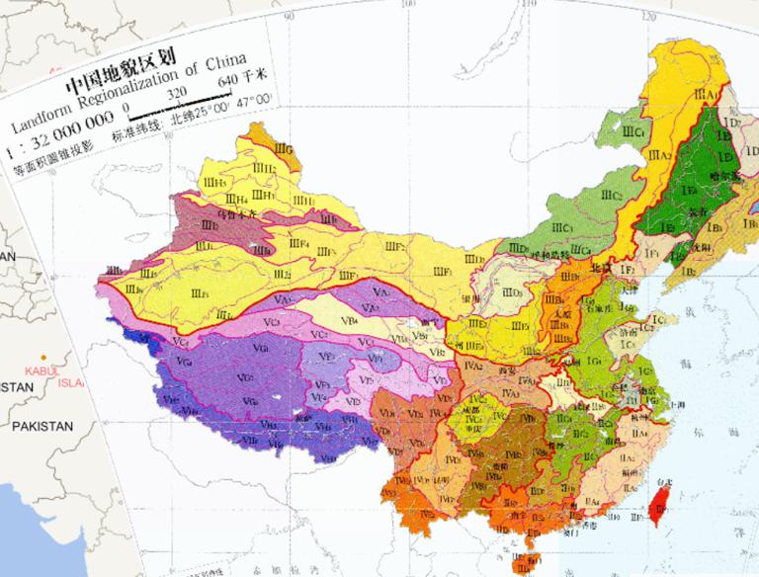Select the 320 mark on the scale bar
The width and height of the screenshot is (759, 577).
[178, 93]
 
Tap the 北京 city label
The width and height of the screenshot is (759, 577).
[596, 268]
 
